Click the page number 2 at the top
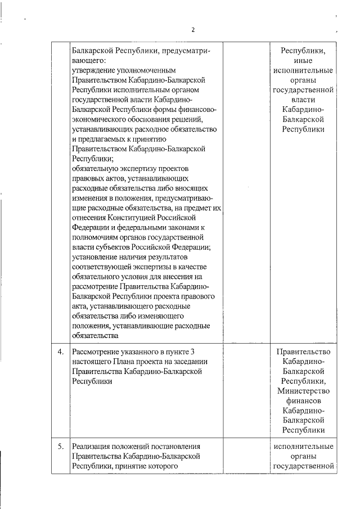[x=192, y=30]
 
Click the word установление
[x=96, y=257]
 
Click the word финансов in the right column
[x=304, y=401]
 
